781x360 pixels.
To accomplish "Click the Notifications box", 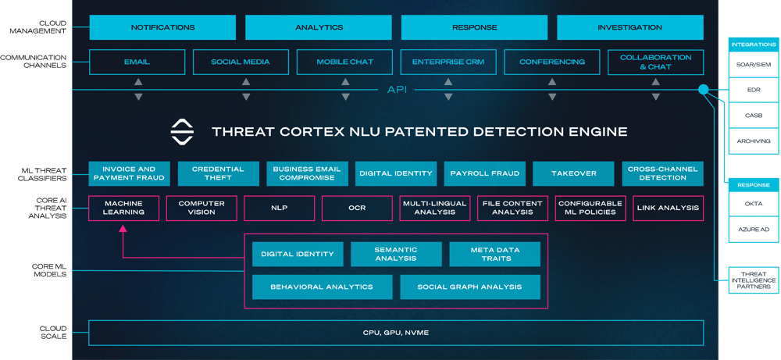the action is [x=162, y=27].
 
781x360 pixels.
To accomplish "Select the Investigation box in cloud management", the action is [x=629, y=27].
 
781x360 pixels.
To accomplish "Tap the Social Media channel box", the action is [x=240, y=62].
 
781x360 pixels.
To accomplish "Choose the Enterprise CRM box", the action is [x=448, y=62].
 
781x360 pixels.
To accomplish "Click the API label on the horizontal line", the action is [x=397, y=90].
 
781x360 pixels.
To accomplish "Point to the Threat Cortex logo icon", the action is [x=182, y=132].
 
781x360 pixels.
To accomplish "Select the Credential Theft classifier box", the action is [x=218, y=173].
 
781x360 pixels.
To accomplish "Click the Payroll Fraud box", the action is [x=485, y=173].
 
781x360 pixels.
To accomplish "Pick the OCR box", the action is [x=357, y=209].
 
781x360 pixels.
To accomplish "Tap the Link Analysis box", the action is [x=668, y=209].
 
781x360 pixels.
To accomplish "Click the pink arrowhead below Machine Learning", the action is [x=123, y=229].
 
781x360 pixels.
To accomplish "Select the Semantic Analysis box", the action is [x=396, y=254].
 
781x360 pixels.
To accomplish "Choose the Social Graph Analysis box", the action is [x=469, y=287].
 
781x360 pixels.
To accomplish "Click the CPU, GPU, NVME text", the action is [x=396, y=333].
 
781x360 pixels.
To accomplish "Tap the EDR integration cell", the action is [x=753, y=90].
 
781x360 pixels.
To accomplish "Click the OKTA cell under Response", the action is [x=753, y=204].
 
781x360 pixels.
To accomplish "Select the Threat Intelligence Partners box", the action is [x=753, y=280].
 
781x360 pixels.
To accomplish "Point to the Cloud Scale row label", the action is [x=53, y=333].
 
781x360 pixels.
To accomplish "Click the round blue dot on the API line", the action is [x=703, y=90].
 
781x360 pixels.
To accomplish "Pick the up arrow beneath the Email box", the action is [x=138, y=82].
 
